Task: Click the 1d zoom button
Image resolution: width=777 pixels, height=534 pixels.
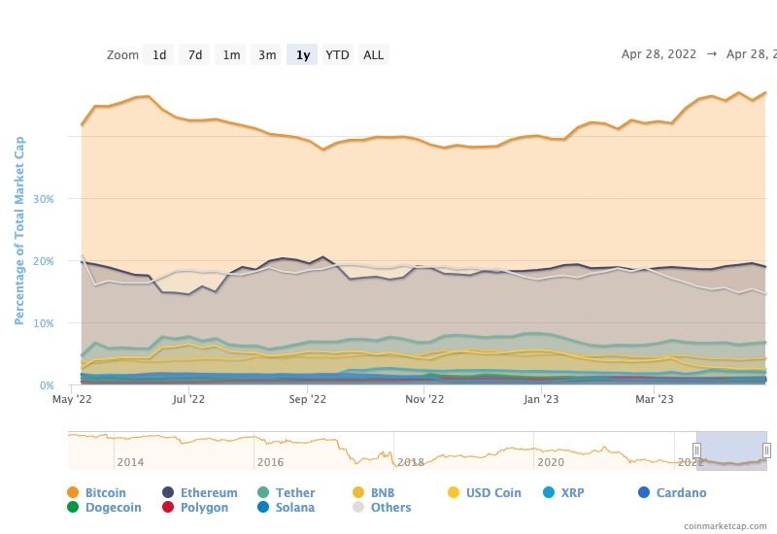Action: coord(159,55)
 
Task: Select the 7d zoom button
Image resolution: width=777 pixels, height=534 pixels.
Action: coord(195,55)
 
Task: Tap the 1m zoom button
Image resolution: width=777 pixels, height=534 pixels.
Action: coord(231,55)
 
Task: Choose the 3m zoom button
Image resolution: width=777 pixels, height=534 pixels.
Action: coord(267,55)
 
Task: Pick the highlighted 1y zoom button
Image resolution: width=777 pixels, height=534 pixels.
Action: coord(303,55)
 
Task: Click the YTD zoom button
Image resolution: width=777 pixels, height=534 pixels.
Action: coord(338,55)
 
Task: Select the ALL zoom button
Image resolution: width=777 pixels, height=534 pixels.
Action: coord(374,55)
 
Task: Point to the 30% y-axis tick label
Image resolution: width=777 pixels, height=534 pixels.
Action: coord(43,199)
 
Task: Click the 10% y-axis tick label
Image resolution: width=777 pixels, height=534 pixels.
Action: coord(43,323)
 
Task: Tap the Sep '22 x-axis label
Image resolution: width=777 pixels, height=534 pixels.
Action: coord(306,398)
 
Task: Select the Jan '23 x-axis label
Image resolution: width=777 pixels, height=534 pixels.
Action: coord(541,398)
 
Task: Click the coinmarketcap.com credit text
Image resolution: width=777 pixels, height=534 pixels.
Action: coord(724,525)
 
